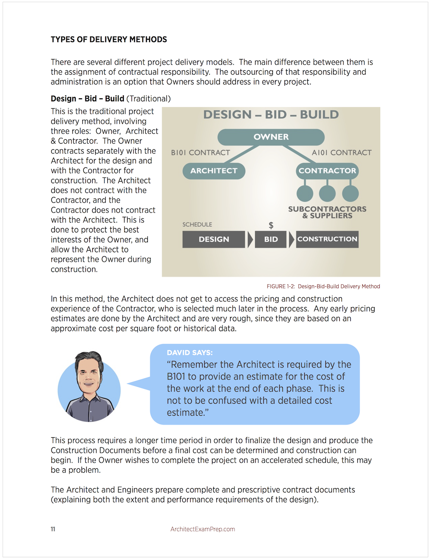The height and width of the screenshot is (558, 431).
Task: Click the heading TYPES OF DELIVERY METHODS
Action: pyautogui.click(x=109, y=40)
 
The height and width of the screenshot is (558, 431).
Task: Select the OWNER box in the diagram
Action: pyautogui.click(x=271, y=137)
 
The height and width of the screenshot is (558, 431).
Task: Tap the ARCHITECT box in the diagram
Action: pyautogui.click(x=214, y=171)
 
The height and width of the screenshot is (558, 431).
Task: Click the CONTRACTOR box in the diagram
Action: pyautogui.click(x=327, y=171)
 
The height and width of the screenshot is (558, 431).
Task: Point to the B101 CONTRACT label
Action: pyautogui.click(x=200, y=153)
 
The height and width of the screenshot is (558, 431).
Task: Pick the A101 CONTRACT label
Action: pyautogui.click(x=341, y=153)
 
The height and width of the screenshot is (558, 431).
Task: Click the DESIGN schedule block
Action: pyautogui.click(x=214, y=239)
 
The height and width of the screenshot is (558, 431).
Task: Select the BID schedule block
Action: pyautogui.click(x=271, y=239)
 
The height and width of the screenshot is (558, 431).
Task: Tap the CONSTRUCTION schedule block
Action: pyautogui.click(x=327, y=239)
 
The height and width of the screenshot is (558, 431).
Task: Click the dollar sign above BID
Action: pyautogui.click(x=271, y=225)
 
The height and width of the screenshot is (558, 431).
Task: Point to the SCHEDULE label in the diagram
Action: pyautogui.click(x=197, y=225)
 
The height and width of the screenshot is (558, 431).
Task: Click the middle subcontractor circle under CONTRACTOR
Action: pyautogui.click(x=327, y=193)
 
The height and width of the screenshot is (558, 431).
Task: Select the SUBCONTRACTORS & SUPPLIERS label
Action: pyautogui.click(x=327, y=212)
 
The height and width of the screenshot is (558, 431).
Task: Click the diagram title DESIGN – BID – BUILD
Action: pyautogui.click(x=271, y=115)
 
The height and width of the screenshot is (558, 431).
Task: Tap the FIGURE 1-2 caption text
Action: pyautogui.click(x=323, y=286)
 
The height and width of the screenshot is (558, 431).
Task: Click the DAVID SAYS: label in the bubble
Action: pyautogui.click(x=190, y=353)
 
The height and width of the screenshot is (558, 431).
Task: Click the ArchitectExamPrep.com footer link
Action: pyautogui.click(x=203, y=529)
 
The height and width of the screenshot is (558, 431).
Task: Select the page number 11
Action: pyautogui.click(x=53, y=529)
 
